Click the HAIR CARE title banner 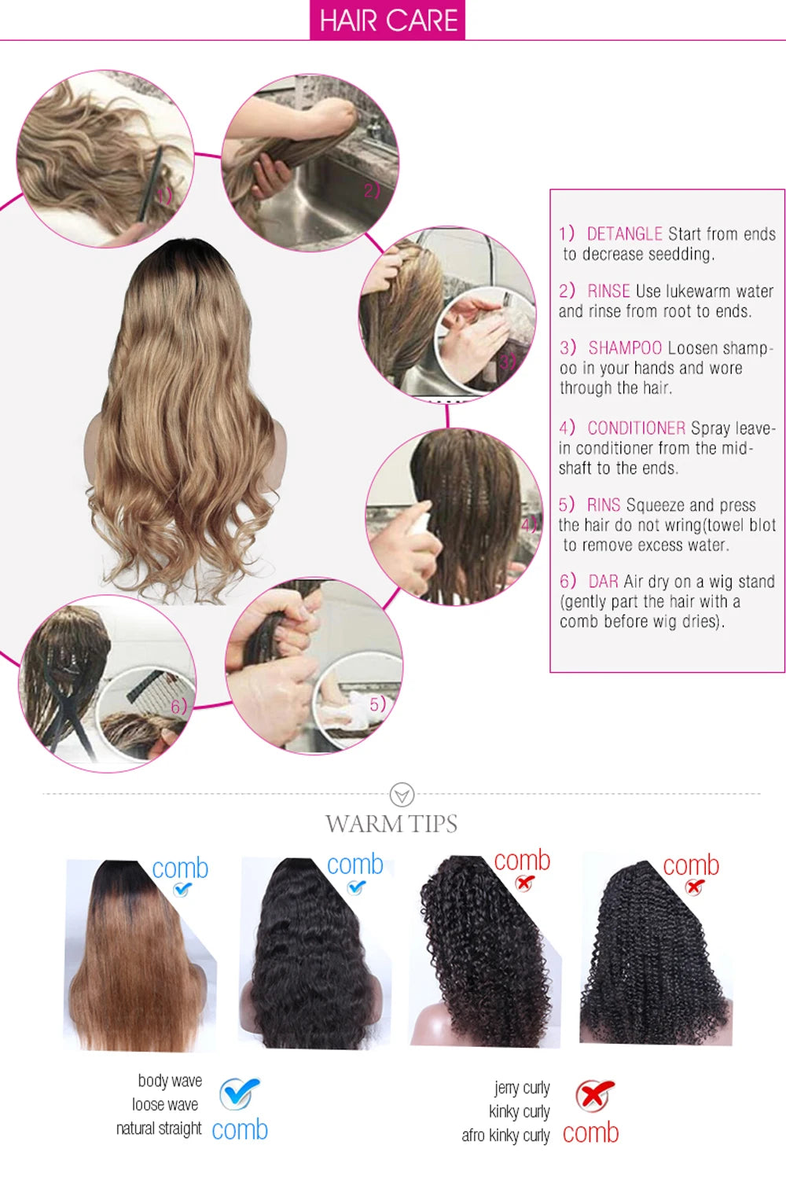[x=387, y=20]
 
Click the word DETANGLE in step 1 [x=624, y=233]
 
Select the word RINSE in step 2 [x=608, y=291]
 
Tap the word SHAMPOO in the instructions [x=625, y=348]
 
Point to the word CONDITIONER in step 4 [x=637, y=428]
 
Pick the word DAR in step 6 [x=604, y=582]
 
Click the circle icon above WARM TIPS [x=402, y=795]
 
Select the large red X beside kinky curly [x=595, y=1096]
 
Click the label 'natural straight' [x=159, y=1129]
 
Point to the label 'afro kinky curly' [x=505, y=1135]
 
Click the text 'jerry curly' [x=522, y=1087]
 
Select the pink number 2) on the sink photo [x=372, y=190]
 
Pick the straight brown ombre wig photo [x=140, y=955]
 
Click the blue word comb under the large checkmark [x=240, y=1130]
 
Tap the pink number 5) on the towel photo [x=378, y=704]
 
